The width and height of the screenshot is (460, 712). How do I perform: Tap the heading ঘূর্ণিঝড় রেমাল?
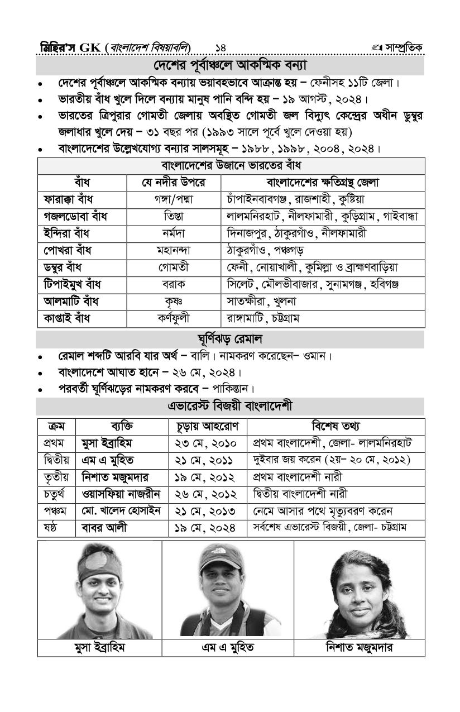pos(231,339)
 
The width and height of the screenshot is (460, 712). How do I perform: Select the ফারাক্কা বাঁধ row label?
pos(69,199)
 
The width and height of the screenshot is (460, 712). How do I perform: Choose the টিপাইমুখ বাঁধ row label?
pos(73,285)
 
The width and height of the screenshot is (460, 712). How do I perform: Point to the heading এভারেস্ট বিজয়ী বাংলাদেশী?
pos(231,406)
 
